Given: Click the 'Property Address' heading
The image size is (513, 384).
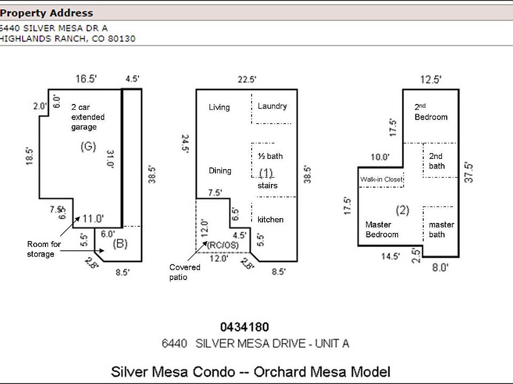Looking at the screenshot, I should [46, 13].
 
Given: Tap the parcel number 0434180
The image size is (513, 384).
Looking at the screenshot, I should [245, 327].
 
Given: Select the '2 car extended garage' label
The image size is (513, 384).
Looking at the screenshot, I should [88, 117].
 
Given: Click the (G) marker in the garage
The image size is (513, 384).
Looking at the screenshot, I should [88, 147].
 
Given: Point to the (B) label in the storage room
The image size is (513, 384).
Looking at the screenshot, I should [120, 244].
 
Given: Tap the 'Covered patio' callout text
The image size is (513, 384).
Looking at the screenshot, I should [184, 272].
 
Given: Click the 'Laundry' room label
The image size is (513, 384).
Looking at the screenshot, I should [272, 106].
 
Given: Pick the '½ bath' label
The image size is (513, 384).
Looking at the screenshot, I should [270, 156].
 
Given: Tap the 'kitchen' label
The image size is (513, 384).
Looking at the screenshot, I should [270, 220].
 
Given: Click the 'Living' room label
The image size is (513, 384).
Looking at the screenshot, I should [219, 107].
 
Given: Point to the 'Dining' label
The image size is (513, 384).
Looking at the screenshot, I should [220, 171].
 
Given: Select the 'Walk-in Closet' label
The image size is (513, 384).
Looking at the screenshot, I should [381, 180].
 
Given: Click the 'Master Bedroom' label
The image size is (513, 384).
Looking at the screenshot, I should [382, 230].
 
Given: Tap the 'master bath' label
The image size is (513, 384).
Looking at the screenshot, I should [441, 230].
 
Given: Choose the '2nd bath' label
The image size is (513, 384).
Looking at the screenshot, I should [437, 161].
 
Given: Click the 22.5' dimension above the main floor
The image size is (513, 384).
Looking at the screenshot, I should [247, 80].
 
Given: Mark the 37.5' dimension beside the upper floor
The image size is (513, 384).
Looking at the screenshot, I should [469, 172].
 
